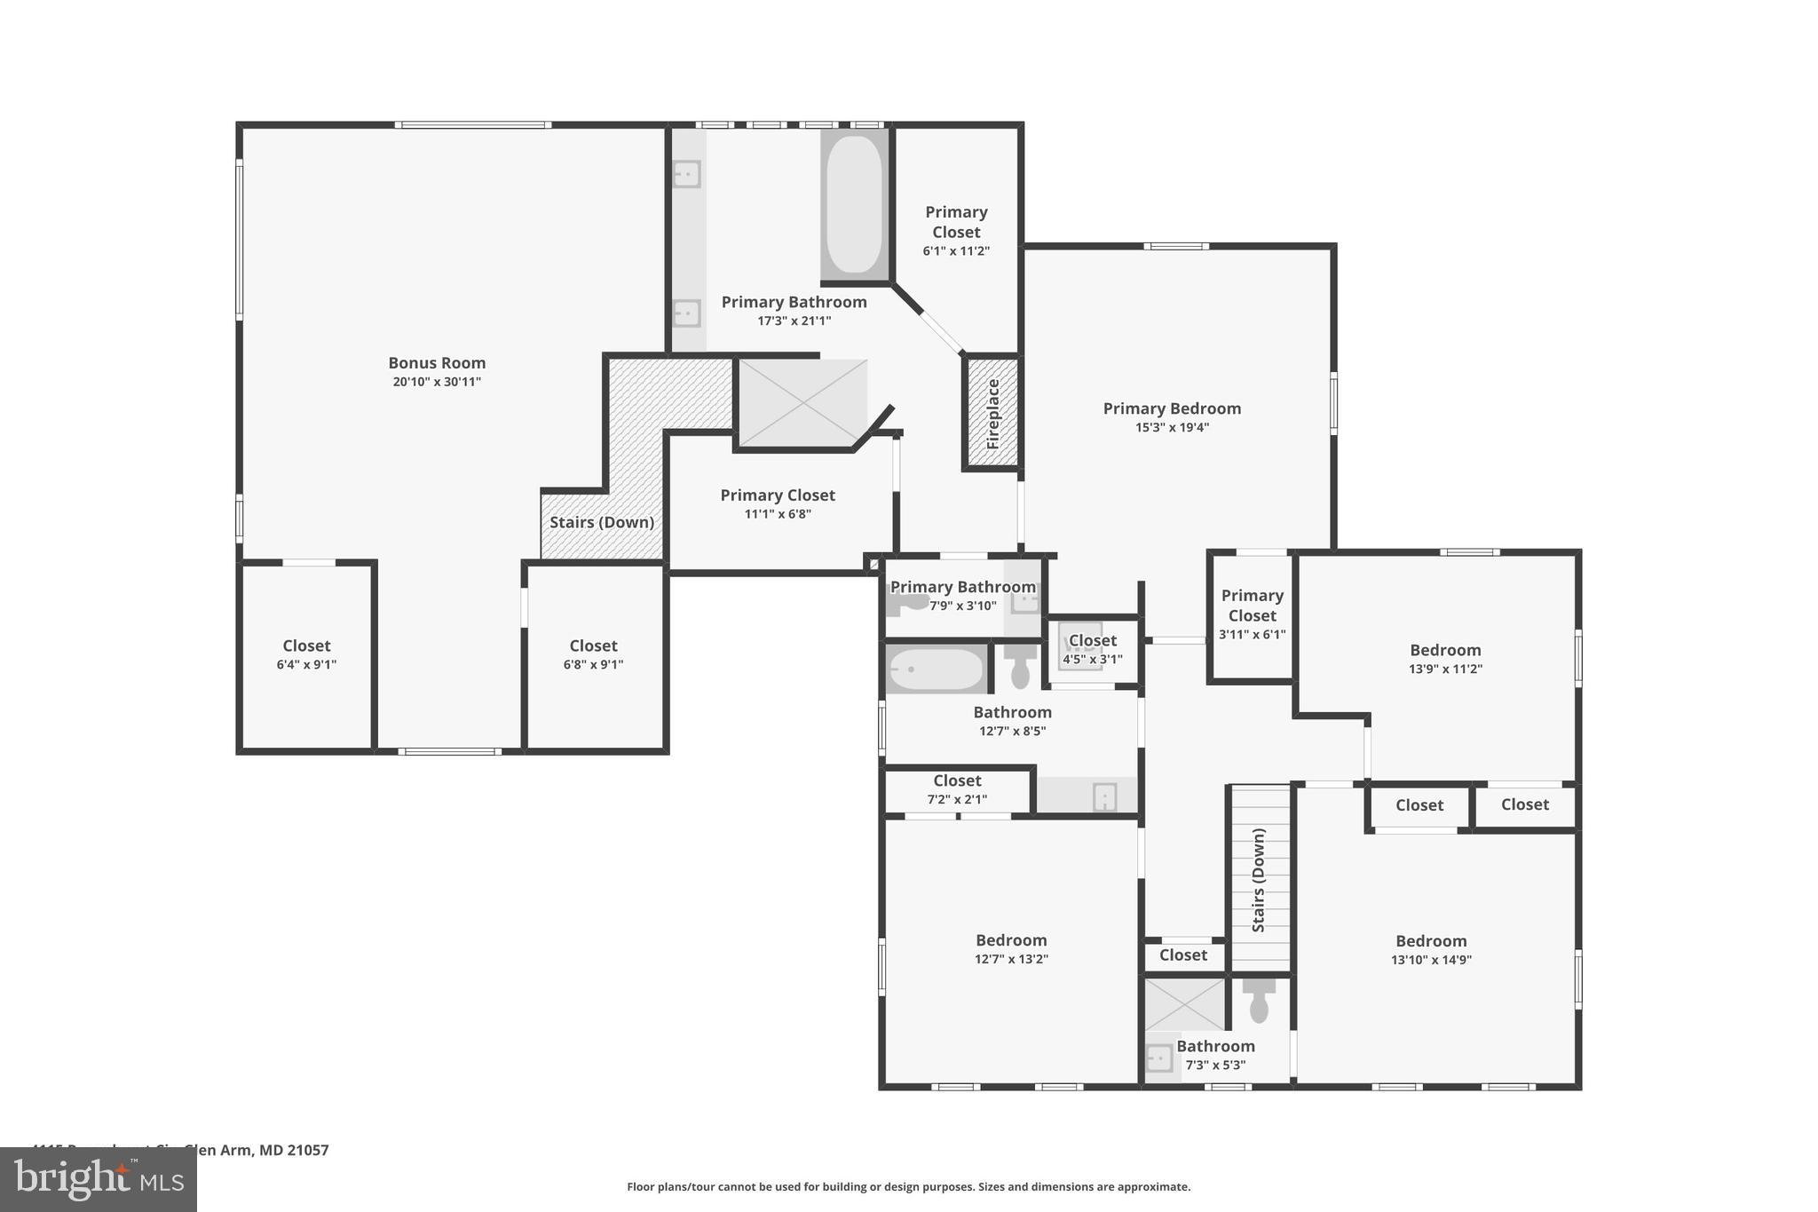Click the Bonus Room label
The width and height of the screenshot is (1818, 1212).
437,363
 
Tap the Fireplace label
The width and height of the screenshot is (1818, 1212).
993,414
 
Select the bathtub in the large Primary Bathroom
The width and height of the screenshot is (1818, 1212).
854,204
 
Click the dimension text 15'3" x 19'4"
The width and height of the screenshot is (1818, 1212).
1172,428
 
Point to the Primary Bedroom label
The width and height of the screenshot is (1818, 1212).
1172,408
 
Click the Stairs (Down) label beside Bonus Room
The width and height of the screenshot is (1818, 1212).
602,522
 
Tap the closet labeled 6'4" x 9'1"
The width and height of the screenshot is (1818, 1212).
306,654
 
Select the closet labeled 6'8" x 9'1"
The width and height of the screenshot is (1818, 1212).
593,654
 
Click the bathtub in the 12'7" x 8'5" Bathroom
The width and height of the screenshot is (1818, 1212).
936,669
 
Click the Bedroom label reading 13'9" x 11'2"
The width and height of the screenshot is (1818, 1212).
1445,651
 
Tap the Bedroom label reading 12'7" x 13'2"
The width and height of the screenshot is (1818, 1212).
1011,940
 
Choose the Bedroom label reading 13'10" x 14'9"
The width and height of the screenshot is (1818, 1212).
1431,941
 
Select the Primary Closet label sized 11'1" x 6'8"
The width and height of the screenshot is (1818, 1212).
778,495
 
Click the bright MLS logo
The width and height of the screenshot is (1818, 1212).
99,1179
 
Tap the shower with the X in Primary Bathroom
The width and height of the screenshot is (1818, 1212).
802,402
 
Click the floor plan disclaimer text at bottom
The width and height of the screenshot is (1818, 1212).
908,1187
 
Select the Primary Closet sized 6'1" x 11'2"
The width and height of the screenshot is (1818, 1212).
956,231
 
